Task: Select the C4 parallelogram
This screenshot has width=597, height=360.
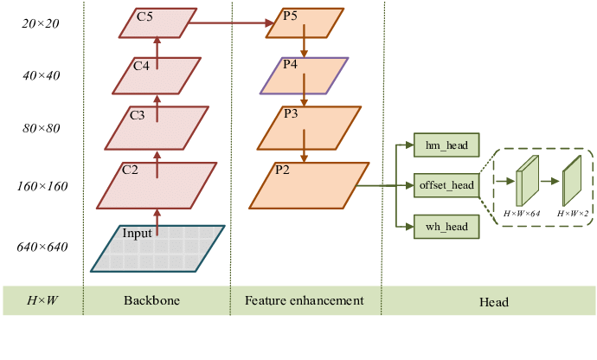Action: click(157, 76)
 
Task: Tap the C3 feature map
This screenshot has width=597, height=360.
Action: click(157, 127)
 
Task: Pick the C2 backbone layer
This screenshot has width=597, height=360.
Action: click(157, 185)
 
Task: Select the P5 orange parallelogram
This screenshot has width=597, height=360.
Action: click(305, 24)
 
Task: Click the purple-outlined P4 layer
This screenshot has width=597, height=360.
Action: click(305, 76)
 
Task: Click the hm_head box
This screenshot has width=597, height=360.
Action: click(446, 145)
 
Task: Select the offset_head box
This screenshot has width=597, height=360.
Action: click(446, 185)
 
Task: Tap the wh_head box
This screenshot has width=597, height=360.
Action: click(446, 227)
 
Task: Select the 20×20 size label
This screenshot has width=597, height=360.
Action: click(41, 24)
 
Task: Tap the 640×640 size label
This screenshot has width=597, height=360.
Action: click(41, 247)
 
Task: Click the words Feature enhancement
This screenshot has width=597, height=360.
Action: click(305, 301)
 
